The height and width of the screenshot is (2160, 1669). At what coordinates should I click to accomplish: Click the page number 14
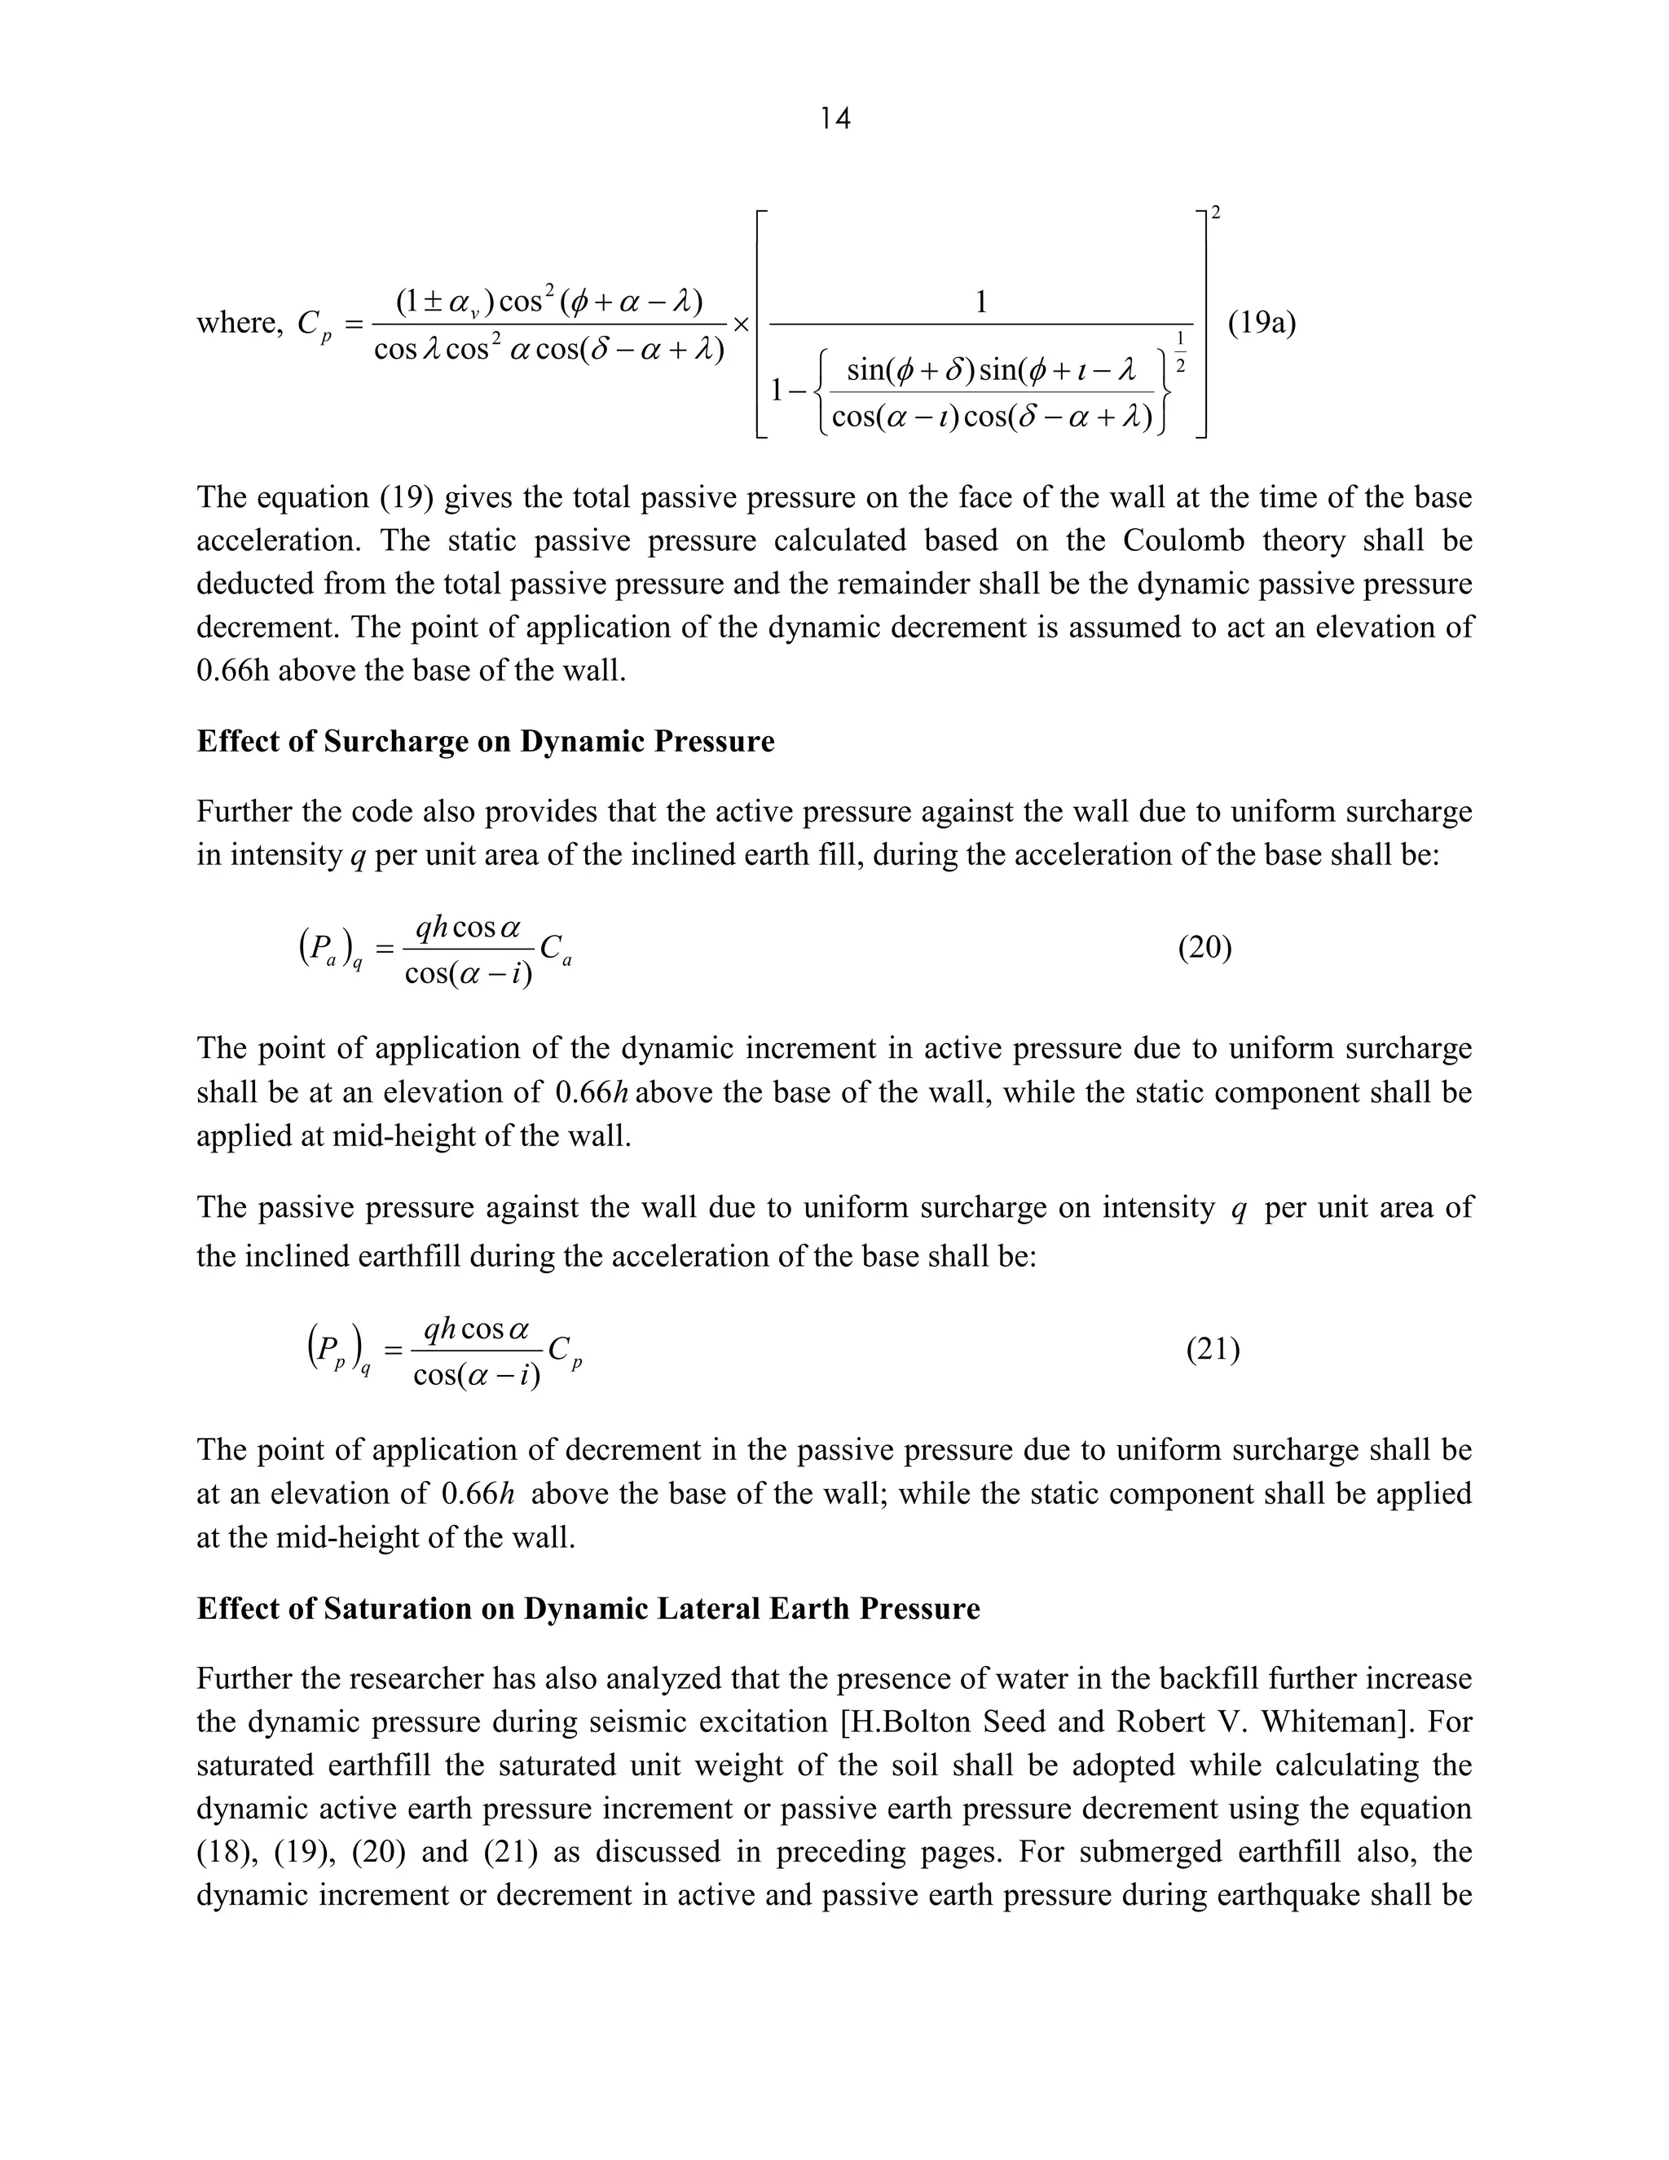coord(834,119)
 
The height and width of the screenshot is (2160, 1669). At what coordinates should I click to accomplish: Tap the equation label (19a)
coord(1262,323)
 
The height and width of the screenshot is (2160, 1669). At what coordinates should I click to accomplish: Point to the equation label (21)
coord(1212,1349)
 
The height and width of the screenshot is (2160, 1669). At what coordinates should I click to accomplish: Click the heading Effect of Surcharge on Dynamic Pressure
coord(486,741)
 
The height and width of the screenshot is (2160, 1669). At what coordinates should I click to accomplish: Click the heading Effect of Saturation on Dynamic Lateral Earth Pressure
coord(588,1608)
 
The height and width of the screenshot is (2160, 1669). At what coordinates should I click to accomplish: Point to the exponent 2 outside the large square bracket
coord(1215,212)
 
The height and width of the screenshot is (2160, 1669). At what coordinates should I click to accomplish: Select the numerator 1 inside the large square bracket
coord(981,302)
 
